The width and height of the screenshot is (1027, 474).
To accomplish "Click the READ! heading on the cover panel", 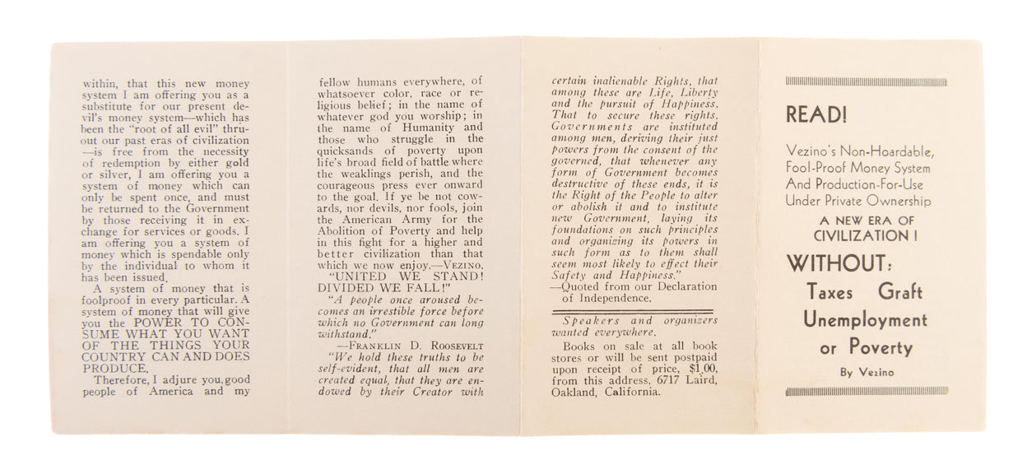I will pyautogui.click(x=816, y=115).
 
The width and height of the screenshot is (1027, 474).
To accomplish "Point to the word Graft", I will pyautogui.click(x=900, y=292).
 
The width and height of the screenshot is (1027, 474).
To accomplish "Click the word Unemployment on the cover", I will pyautogui.click(x=865, y=320).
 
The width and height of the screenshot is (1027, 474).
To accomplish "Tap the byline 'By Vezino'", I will pyautogui.click(x=867, y=372).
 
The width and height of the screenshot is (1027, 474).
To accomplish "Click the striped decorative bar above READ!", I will pyautogui.click(x=866, y=82).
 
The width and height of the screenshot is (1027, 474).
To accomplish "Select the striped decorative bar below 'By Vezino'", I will pyautogui.click(x=866, y=392).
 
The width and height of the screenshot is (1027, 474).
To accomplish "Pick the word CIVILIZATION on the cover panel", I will pyautogui.click(x=860, y=236).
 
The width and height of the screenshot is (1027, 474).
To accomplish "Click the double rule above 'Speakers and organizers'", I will pyautogui.click(x=634, y=312).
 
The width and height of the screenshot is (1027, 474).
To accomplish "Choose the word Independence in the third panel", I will pyautogui.click(x=612, y=298).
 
